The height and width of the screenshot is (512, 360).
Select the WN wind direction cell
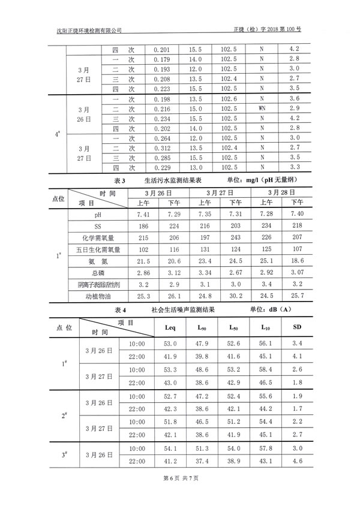point(262,109)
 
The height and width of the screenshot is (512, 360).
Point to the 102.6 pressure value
point(229,99)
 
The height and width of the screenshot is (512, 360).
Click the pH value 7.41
point(143,215)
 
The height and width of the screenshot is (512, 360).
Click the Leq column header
point(170,328)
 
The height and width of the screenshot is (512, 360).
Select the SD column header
point(297,328)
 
